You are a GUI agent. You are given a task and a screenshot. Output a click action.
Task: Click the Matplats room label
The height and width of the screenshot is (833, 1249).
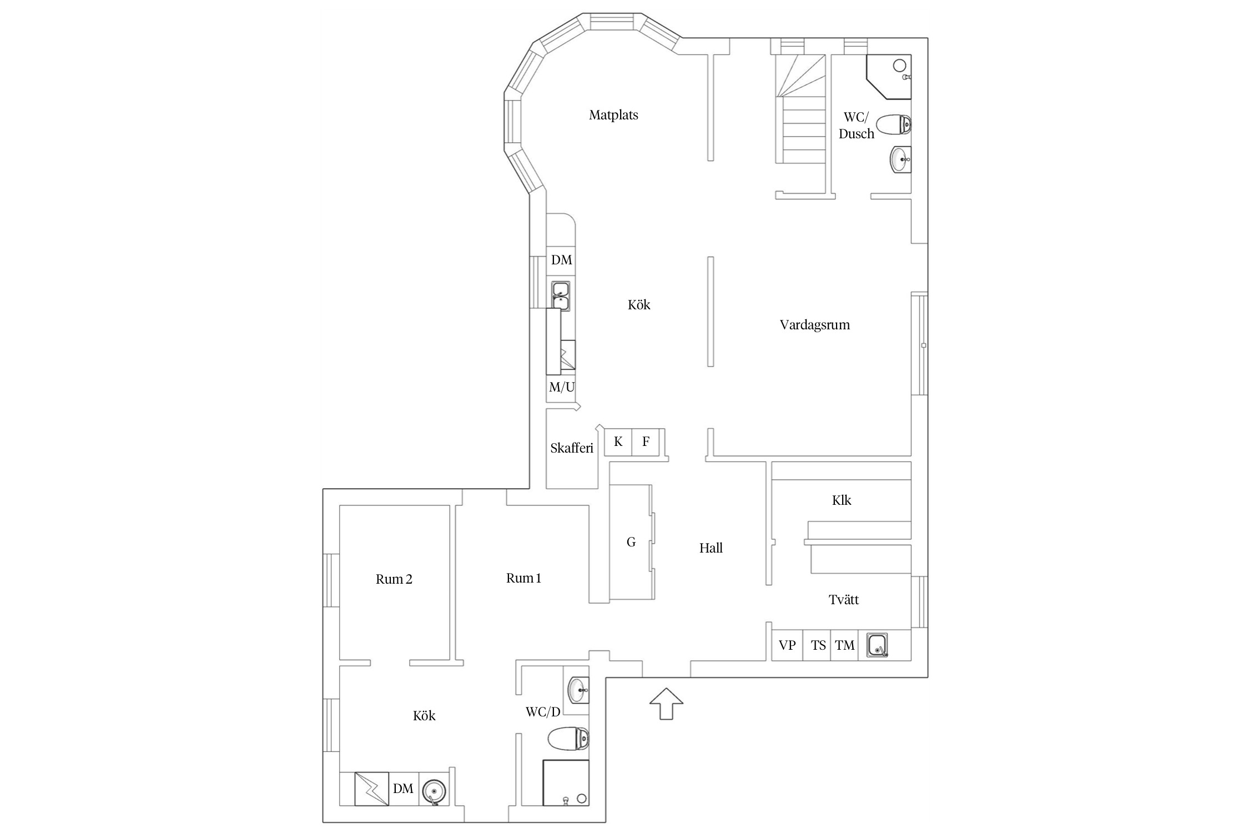(613, 115)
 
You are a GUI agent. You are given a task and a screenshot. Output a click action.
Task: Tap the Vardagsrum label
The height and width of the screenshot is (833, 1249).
(814, 325)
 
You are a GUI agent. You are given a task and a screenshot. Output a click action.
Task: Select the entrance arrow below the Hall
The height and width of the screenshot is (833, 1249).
(666, 704)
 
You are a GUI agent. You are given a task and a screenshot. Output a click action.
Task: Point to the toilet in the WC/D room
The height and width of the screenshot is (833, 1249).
(568, 738)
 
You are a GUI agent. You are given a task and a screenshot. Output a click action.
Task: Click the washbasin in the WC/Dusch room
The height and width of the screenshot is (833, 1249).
(900, 159)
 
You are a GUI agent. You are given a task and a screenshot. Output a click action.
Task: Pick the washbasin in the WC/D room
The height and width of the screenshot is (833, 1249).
(578, 690)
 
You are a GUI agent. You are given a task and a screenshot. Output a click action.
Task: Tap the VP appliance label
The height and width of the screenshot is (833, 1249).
(787, 645)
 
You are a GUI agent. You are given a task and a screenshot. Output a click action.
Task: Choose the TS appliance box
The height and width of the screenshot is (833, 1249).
(817, 645)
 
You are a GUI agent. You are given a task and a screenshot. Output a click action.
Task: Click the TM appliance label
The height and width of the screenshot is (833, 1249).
(845, 645)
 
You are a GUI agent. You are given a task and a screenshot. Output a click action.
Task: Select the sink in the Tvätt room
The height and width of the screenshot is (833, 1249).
(878, 645)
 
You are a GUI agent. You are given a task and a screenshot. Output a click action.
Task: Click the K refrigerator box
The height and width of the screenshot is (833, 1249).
(618, 442)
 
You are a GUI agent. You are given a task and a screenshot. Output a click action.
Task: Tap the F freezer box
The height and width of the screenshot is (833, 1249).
(646, 442)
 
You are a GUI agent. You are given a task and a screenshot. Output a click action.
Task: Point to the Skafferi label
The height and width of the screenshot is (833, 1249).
(572, 448)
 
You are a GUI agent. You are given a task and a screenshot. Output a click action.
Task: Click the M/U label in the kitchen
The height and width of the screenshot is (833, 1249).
(562, 387)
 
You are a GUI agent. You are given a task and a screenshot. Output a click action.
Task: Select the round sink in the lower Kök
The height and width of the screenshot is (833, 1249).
(434, 790)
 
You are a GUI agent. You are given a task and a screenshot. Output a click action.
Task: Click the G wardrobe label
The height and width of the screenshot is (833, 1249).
(631, 542)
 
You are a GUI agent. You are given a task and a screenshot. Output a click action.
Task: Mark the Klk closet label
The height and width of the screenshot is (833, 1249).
(842, 500)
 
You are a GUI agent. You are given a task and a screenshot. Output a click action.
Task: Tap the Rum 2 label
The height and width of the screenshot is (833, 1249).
(394, 579)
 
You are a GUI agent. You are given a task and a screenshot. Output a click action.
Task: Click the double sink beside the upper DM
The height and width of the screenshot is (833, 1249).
(561, 295)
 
